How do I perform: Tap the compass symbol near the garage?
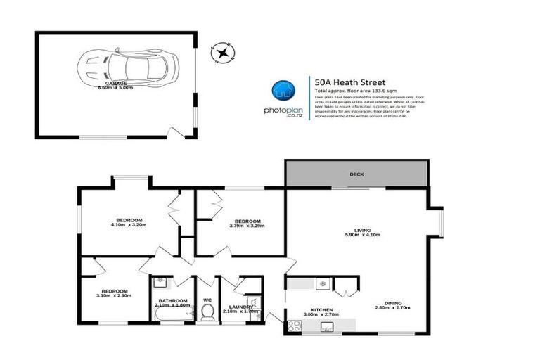223,52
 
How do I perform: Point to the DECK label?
356,174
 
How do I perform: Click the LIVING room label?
362,229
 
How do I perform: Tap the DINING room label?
388,303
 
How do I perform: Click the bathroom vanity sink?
160,283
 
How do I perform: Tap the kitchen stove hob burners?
294,325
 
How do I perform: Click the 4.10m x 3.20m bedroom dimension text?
127,225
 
